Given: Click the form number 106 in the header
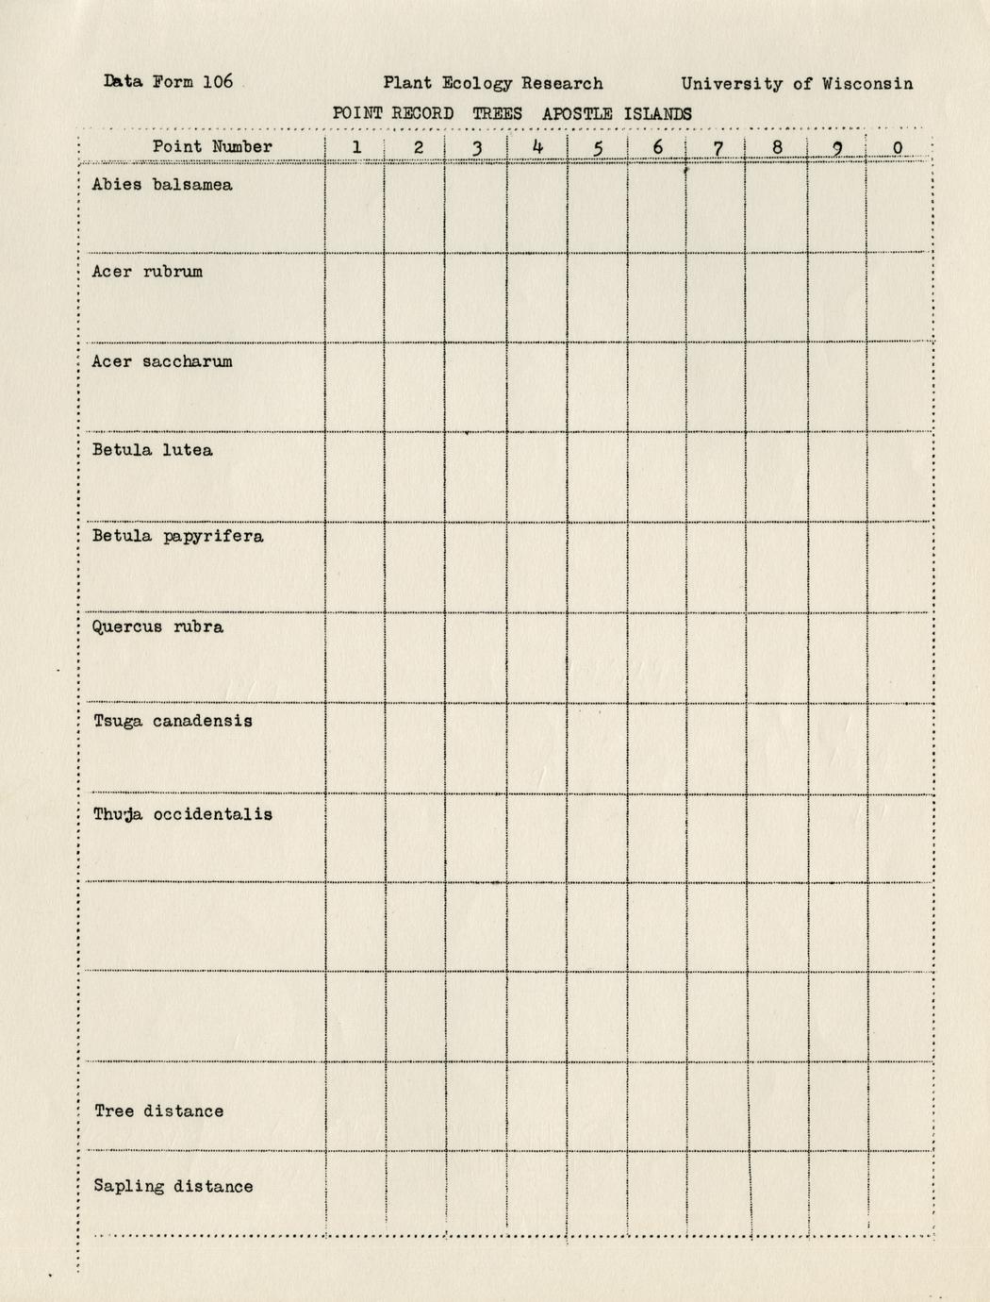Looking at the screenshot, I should pos(217,81).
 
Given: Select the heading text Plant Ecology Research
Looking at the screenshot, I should pos(492,83).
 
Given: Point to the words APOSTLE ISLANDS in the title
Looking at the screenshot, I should pos(617,113).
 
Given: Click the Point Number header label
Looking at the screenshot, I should pos(212,146).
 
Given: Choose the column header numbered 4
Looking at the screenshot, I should pos(537,146).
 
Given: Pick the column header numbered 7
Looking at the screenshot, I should pos(718,147).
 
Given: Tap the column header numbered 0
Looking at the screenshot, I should pos(898,147).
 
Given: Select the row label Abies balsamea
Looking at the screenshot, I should pos(162,185).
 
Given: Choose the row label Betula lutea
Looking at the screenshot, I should pos(152,450).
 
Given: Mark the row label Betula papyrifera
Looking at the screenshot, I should pos(177,537).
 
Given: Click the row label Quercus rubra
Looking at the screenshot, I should pos(157,627).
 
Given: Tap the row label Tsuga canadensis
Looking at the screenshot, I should pos(173,721).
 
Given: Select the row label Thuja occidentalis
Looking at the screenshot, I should pos(182,814).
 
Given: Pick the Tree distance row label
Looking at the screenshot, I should pos(158,1110).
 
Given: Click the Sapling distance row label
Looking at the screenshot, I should pos(173,1186).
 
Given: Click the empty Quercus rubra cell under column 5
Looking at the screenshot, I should pos(597,658).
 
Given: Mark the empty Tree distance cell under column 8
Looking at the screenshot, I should pos(777,1106).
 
